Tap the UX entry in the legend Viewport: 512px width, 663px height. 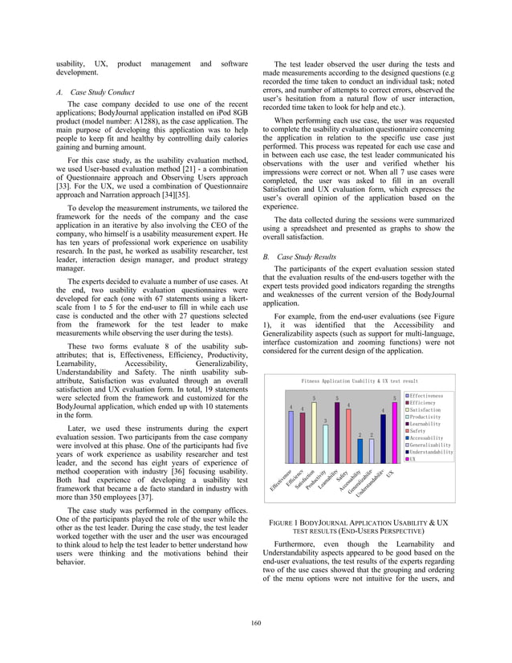pyautogui.click(x=413, y=459)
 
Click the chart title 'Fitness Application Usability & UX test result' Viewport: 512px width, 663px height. pyautogui.click(x=360, y=380)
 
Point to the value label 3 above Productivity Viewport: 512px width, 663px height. pyautogui.click(x=325, y=421)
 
